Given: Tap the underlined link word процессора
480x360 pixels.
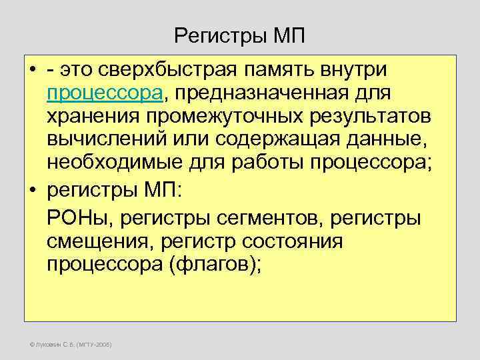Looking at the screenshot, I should [x=105, y=93].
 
